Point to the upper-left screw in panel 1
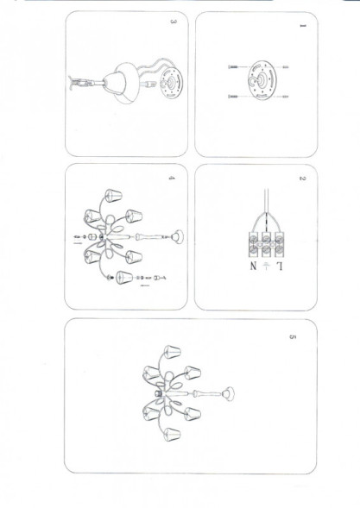coord(233,67)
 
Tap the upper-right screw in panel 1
coord(284,67)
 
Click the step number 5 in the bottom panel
coord(294,336)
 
